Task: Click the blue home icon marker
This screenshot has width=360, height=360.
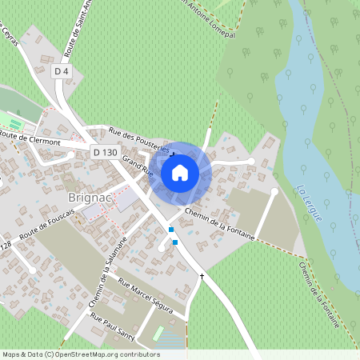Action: (180, 172)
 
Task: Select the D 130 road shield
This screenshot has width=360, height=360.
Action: (105, 152)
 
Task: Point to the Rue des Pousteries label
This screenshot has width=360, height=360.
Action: (137, 139)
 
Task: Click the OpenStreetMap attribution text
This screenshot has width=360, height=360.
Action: (80, 354)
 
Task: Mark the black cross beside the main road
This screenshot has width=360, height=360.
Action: (202, 277)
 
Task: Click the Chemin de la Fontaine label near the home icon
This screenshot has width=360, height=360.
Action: (219, 224)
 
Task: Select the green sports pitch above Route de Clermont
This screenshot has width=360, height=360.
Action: (15, 122)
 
